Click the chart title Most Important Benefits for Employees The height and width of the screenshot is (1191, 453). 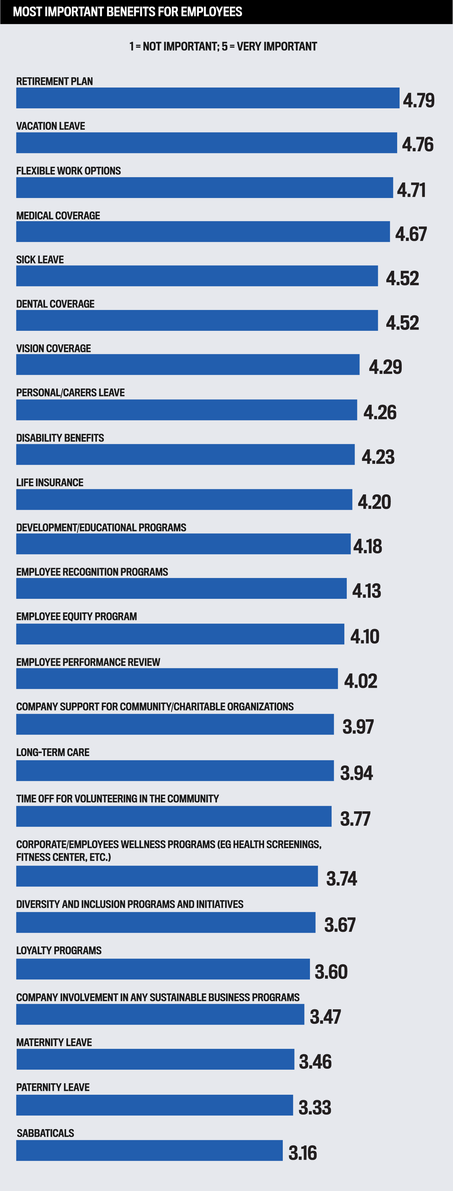pos(128,11)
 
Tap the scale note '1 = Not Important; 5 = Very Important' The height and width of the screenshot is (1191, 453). pos(223,46)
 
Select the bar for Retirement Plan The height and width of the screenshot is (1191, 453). pos(208,98)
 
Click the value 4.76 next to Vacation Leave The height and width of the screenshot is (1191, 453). pos(417,144)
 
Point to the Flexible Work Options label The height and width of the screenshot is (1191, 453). pos(69,171)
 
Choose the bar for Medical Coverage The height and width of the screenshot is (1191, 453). pos(203,231)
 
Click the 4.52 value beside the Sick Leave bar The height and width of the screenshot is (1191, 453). pos(402,278)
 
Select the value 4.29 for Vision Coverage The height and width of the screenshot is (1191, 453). pos(385,367)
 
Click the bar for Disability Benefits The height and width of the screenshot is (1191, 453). pos(185,455)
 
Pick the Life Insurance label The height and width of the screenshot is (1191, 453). pos(49,482)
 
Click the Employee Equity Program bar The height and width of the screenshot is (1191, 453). pos(180,634)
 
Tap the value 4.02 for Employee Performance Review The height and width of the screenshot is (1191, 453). pos(361,681)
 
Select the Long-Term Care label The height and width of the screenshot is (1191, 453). pos(53,752)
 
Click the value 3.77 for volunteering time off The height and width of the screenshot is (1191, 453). pos(355,819)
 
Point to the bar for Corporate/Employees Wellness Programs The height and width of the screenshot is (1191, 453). pos(167,876)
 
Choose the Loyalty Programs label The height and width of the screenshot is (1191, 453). pos(59,950)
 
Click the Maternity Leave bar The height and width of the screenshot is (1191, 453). pos(155,1059)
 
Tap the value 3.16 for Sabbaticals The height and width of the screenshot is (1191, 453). pos(302,1153)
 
